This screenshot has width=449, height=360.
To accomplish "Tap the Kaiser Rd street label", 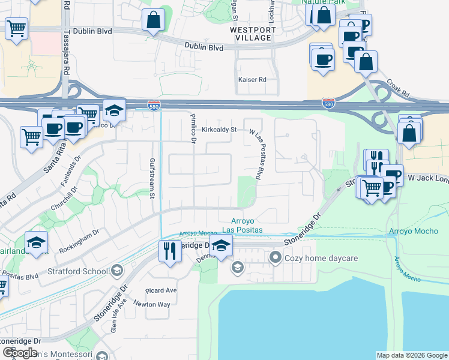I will pos(252,79).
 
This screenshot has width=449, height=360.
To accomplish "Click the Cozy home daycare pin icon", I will pos(276,258).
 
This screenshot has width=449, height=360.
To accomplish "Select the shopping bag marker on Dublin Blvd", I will pos(154,20).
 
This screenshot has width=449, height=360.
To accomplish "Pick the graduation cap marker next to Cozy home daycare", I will pos(238,267).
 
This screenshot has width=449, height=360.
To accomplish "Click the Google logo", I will pos(20,352).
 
